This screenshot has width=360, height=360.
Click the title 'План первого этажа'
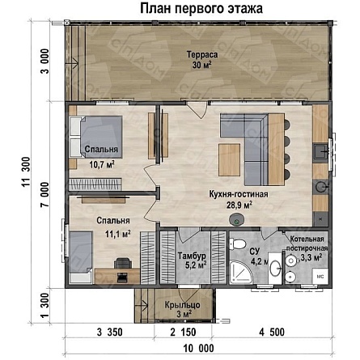[201, 9]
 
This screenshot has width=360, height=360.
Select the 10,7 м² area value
[102, 164]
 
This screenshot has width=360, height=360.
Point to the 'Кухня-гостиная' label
[239, 194]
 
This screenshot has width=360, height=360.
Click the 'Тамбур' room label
[192, 256]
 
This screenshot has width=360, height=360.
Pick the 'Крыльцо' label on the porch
[182, 305]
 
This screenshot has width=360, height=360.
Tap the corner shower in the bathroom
[241, 272]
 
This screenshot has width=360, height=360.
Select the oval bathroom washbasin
[275, 268]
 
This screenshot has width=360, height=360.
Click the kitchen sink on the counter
[321, 153]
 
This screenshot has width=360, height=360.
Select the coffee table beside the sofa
[229, 159]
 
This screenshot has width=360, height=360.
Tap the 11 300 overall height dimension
[26, 172]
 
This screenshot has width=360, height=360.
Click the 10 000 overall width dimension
[198, 348]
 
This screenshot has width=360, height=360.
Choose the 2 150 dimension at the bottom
[183, 332]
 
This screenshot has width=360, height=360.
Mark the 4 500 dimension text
[272, 332]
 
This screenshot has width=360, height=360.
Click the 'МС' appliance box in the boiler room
[320, 276]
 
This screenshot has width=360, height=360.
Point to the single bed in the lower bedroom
[81, 257]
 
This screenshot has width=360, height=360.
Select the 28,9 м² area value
[239, 205]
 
